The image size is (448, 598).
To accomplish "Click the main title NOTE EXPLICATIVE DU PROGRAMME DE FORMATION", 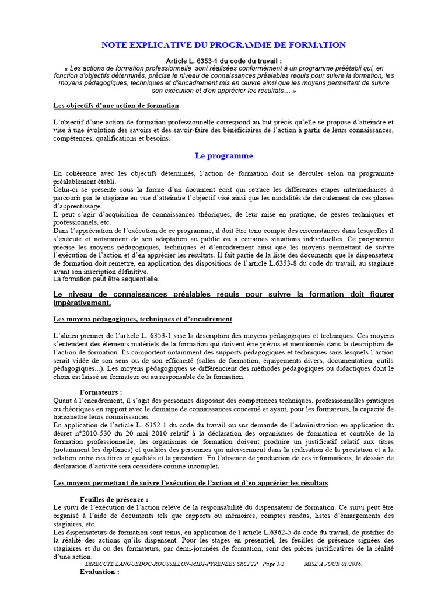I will coord(223,45).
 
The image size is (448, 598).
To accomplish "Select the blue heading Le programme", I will coord(223,156).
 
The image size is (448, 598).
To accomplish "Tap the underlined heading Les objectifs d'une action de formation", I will coord(116,106).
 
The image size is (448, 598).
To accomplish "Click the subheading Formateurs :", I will coord(101,392).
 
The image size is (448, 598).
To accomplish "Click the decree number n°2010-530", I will coord(96,433).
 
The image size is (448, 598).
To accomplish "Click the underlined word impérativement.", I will coord(82,303).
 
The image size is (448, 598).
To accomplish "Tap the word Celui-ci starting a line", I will coord(66,189).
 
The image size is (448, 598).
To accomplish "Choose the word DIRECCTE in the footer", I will coord(104,565).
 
